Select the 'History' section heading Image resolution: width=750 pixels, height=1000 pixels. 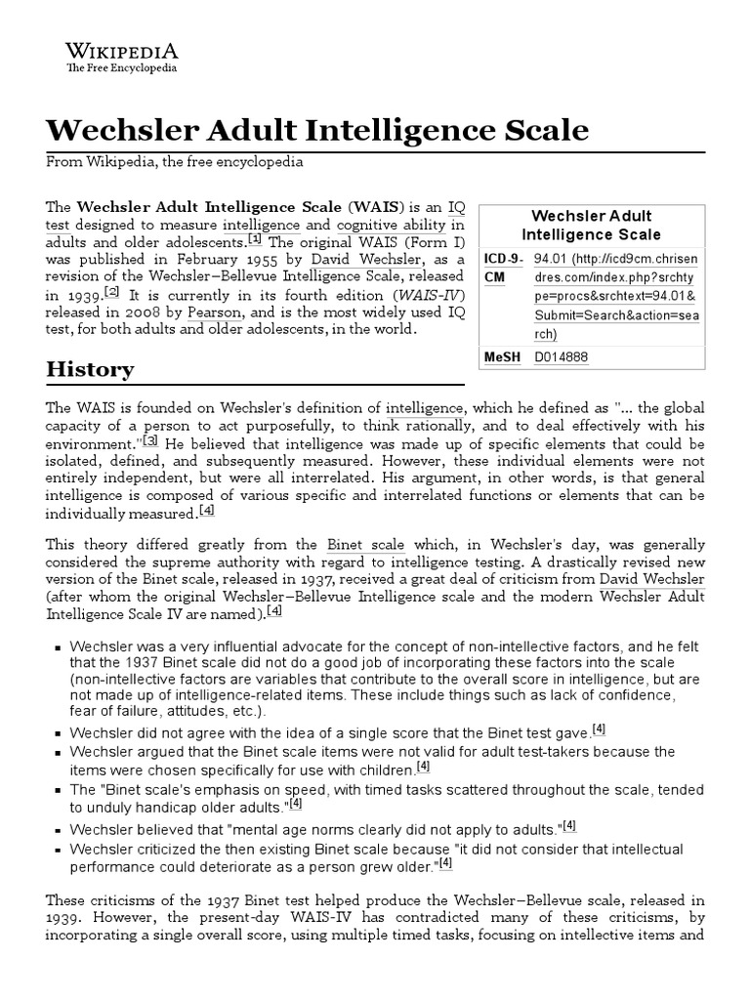click(90, 370)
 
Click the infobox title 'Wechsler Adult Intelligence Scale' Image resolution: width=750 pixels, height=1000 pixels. click(591, 225)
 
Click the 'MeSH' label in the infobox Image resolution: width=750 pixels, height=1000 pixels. click(503, 357)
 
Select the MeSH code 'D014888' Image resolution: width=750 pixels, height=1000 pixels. click(562, 357)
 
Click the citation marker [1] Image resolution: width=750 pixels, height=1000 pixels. click(255, 239)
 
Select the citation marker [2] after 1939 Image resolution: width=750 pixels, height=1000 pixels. click(112, 293)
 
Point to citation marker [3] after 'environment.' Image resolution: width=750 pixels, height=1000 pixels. click(150, 440)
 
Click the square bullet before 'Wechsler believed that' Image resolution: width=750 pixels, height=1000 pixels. click(59, 829)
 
